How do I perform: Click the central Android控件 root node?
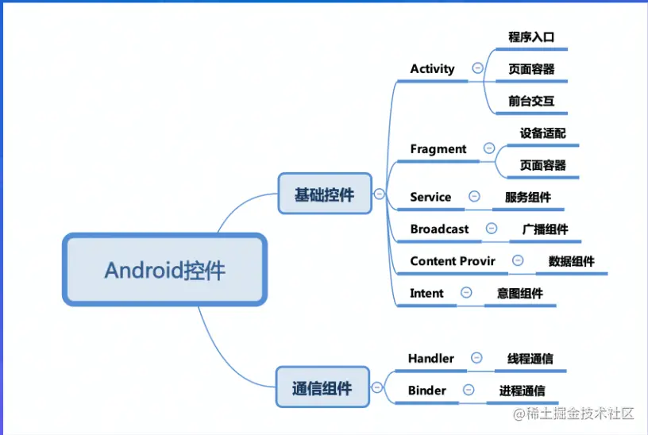[x=164, y=270]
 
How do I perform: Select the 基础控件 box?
[x=324, y=194]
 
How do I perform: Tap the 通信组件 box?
[x=322, y=388]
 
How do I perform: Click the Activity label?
[x=432, y=69]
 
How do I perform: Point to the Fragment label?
[x=438, y=148]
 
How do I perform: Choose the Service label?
[x=430, y=197]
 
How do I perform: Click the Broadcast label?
[x=439, y=229]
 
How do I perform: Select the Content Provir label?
[x=453, y=261]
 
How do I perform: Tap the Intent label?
[x=426, y=293]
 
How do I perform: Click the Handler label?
[x=431, y=358]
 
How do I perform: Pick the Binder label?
[x=427, y=390]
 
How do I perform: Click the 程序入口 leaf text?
[x=531, y=37]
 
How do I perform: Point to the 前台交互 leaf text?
[x=531, y=101]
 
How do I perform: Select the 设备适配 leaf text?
[x=543, y=133]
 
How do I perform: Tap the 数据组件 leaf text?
[x=571, y=261]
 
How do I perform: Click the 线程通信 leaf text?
[x=530, y=358]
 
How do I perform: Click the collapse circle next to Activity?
[x=476, y=68]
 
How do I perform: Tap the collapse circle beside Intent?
[x=466, y=293]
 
